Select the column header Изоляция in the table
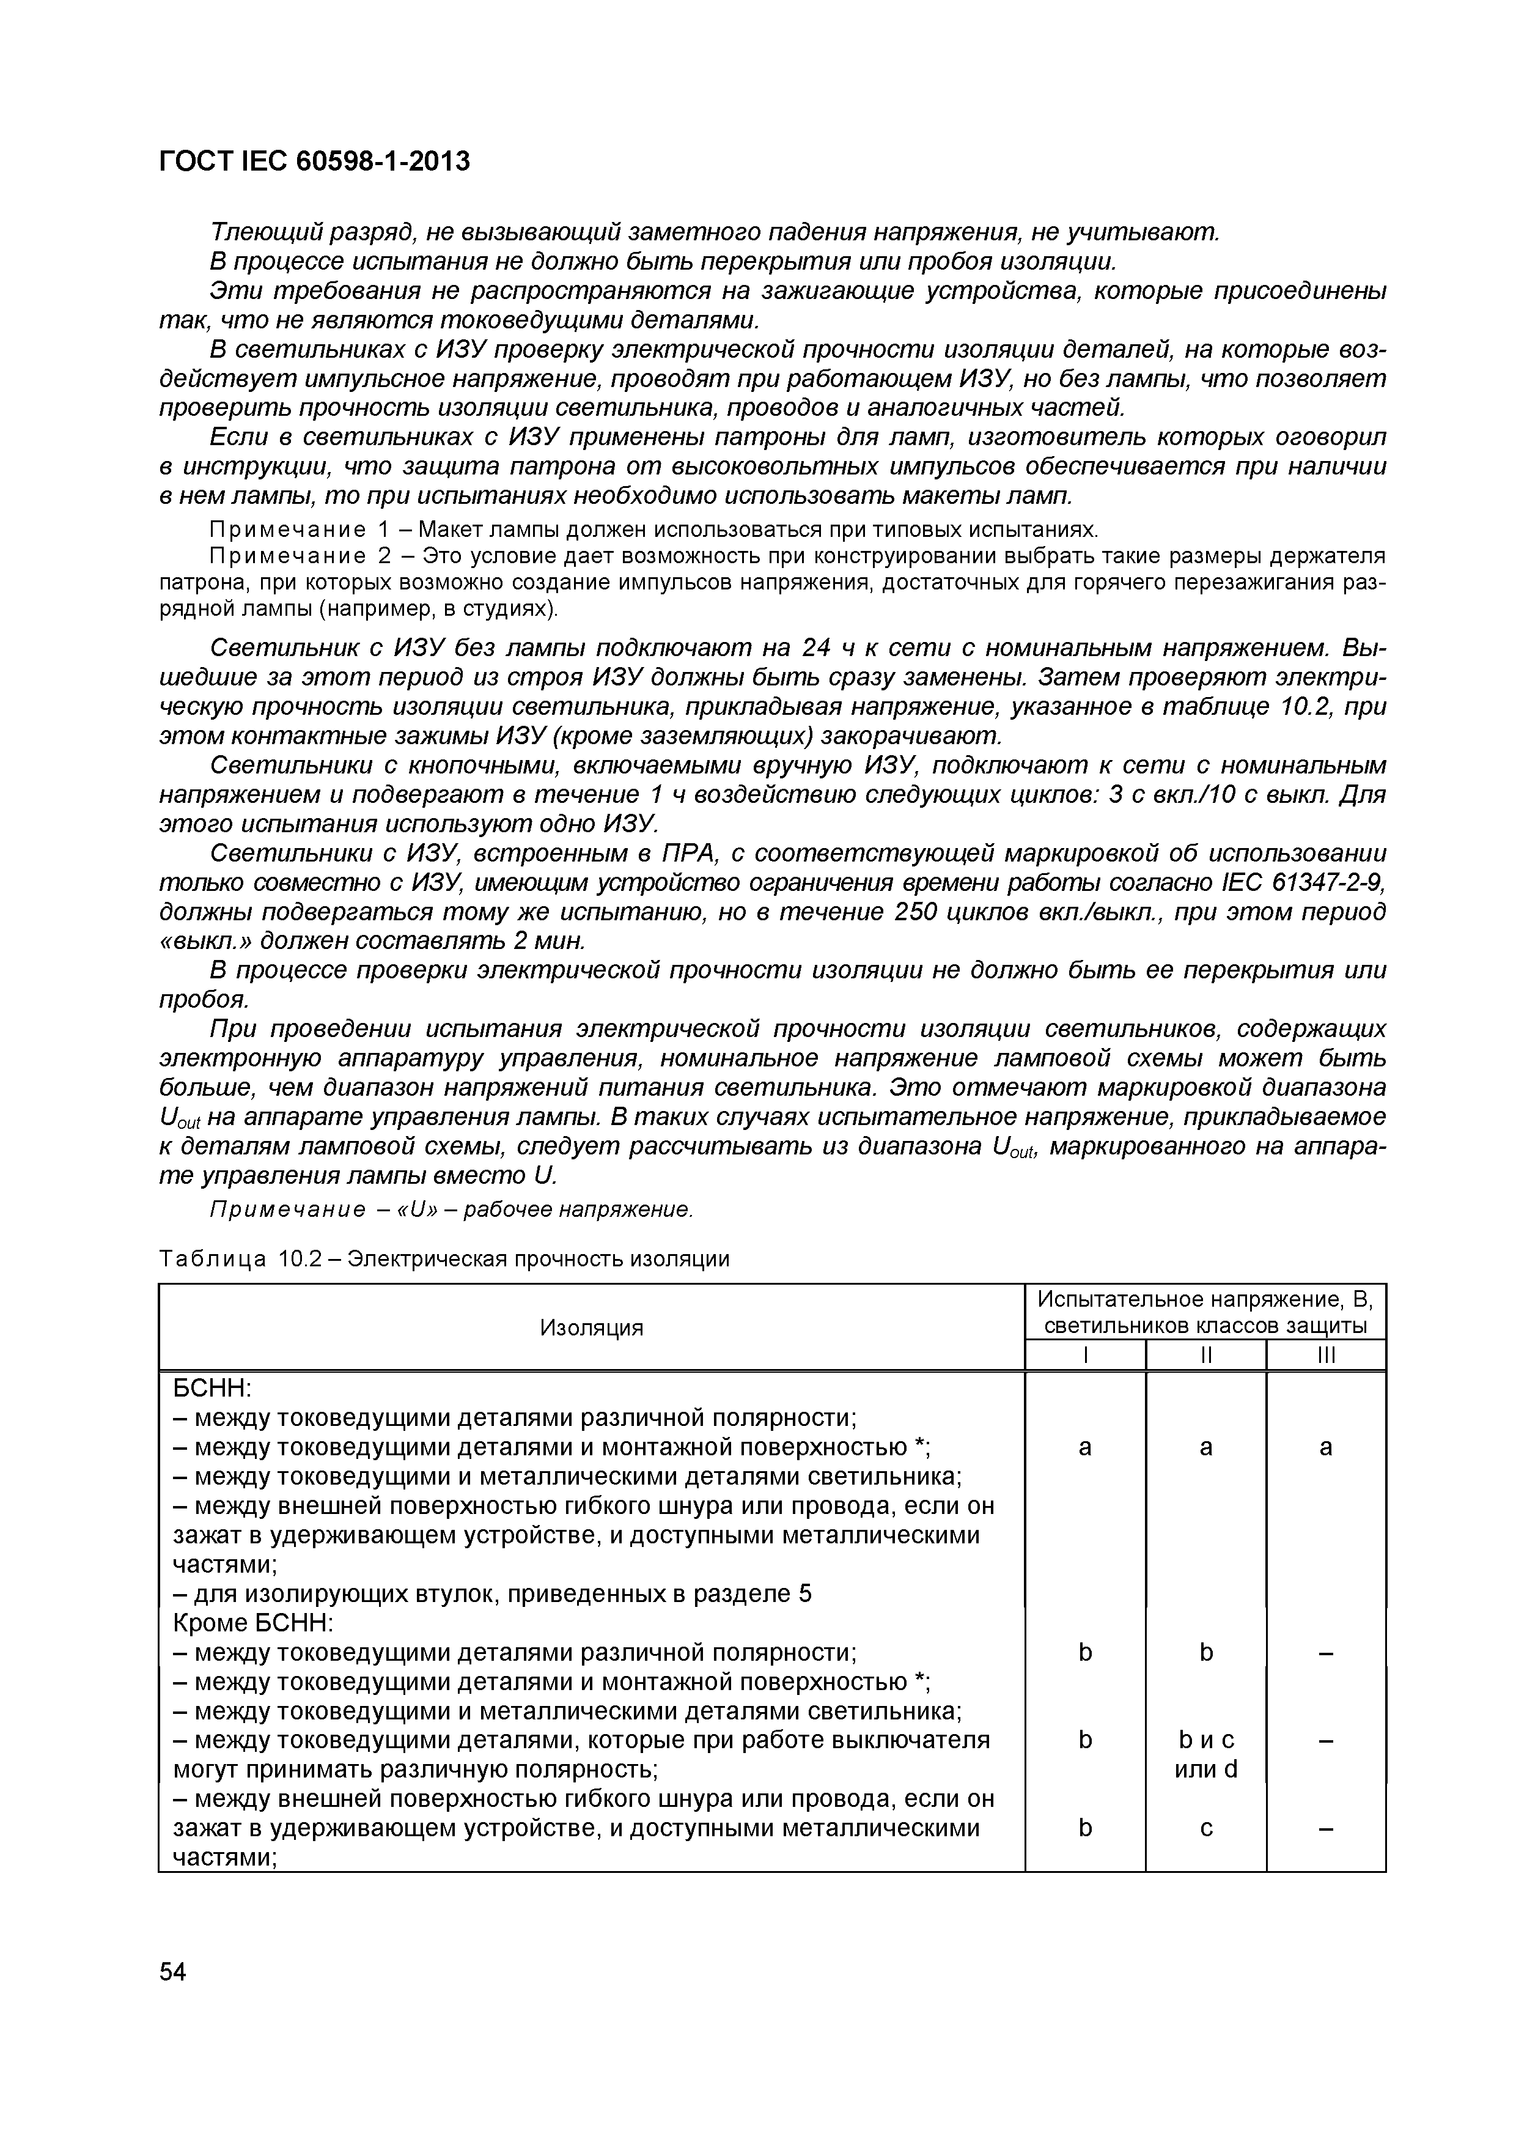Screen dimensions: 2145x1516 591,1327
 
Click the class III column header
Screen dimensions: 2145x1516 1325,1354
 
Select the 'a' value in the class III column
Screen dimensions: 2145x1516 1325,1447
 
